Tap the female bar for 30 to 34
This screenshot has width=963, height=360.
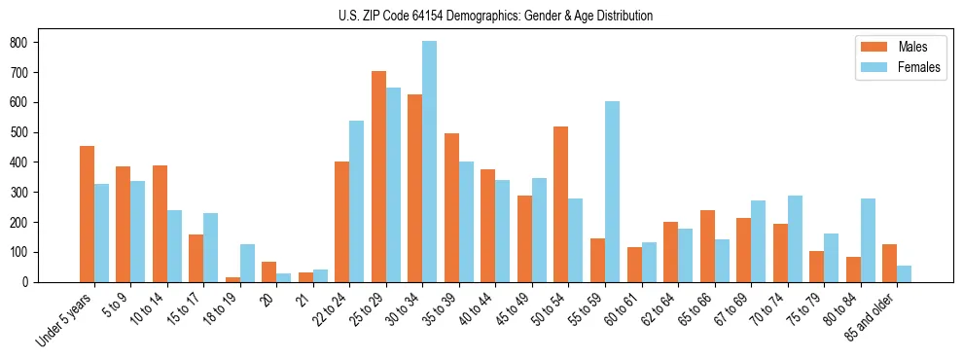(430, 162)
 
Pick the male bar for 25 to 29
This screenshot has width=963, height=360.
(378, 176)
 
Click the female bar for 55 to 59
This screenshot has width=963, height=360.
(612, 192)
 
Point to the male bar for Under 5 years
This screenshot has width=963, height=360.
(87, 214)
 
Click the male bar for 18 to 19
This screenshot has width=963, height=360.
(232, 279)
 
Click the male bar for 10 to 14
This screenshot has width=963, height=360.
(160, 224)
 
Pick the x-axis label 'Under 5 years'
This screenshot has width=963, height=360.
(66, 319)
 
